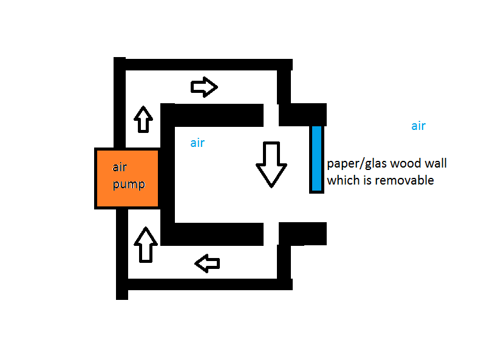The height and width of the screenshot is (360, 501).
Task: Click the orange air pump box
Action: click(x=127, y=177)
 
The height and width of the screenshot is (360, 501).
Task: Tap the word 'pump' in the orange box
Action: click(x=129, y=183)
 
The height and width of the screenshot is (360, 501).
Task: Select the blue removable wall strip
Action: click(x=316, y=158)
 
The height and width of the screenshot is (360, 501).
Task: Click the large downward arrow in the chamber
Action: click(x=270, y=164)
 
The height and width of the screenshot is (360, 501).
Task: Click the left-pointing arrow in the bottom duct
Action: click(x=206, y=263)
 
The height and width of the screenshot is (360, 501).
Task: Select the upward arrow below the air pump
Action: click(x=145, y=244)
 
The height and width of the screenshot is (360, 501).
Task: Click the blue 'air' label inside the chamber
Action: click(x=197, y=143)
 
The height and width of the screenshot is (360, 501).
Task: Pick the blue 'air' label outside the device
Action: click(x=418, y=126)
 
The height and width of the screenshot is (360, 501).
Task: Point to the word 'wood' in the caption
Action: click(x=403, y=164)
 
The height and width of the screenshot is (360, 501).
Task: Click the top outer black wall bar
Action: click(x=206, y=64)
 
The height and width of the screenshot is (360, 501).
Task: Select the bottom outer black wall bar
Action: click(x=206, y=284)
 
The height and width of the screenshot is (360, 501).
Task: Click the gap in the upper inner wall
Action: click(x=271, y=114)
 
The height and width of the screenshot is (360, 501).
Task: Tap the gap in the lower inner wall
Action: click(x=271, y=233)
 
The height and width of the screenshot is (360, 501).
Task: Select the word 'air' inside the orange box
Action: click(x=120, y=168)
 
